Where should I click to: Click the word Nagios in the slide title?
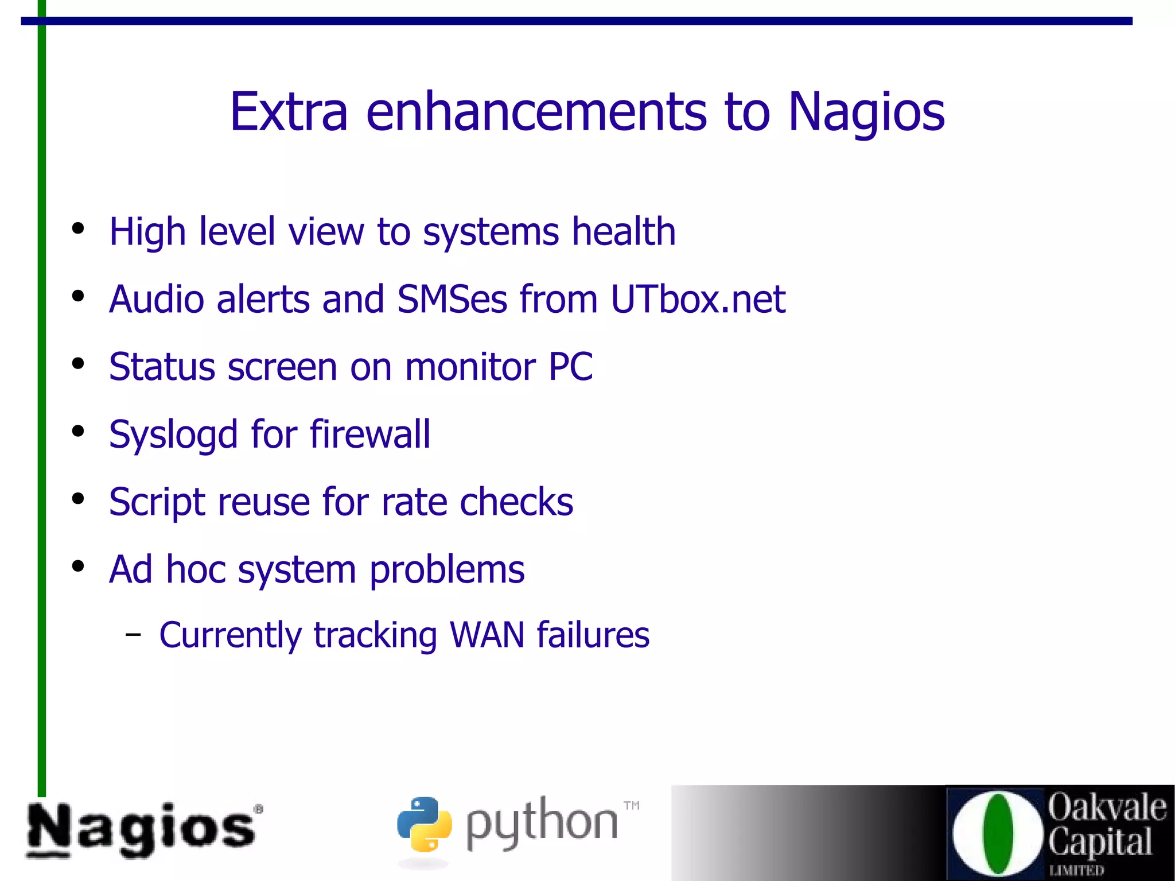pyautogui.click(x=866, y=112)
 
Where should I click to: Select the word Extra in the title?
pyautogui.click(x=289, y=112)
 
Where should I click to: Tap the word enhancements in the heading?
pyautogui.click(x=536, y=112)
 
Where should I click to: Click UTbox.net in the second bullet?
pyautogui.click(x=698, y=300)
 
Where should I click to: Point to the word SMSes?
pyautogui.click(x=452, y=300)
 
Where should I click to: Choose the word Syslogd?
pyautogui.click(x=173, y=435)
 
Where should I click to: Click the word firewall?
pyautogui.click(x=370, y=434)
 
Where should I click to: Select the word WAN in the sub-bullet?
pyautogui.click(x=487, y=635)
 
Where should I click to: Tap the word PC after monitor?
pyautogui.click(x=570, y=367)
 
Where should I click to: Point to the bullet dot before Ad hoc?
pyautogui.click(x=78, y=566)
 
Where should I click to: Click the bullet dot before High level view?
pyautogui.click(x=78, y=229)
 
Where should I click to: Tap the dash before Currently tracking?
pyautogui.click(x=133, y=635)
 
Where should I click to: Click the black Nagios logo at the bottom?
pyautogui.click(x=142, y=829)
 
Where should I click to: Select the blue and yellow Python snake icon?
pyautogui.click(x=424, y=824)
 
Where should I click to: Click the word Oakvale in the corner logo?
pyautogui.click(x=1107, y=808)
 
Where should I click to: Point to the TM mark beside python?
pyautogui.click(x=631, y=805)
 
